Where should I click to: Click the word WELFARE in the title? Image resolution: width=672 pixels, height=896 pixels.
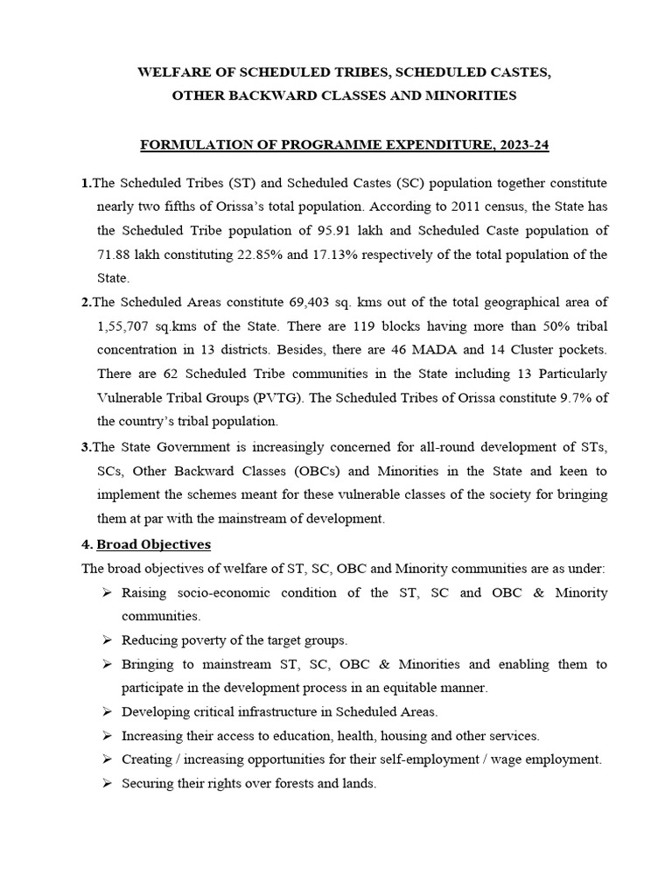pyautogui.click(x=171, y=72)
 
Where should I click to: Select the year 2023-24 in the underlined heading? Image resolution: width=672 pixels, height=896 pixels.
pyautogui.click(x=520, y=145)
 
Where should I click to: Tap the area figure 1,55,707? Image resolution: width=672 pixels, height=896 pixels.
pyautogui.click(x=127, y=325)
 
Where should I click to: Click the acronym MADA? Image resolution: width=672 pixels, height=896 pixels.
pyautogui.click(x=469, y=349)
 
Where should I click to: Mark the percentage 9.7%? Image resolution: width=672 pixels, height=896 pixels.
pyautogui.click(x=570, y=397)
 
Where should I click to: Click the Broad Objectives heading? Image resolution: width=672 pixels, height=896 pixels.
pyautogui.click(x=153, y=544)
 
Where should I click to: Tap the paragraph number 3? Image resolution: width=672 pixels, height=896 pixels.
pyautogui.click(x=86, y=447)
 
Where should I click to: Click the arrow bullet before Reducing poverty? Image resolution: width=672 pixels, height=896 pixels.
pyautogui.click(x=105, y=640)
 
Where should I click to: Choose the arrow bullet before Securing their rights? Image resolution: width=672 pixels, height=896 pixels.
pyautogui.click(x=105, y=784)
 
